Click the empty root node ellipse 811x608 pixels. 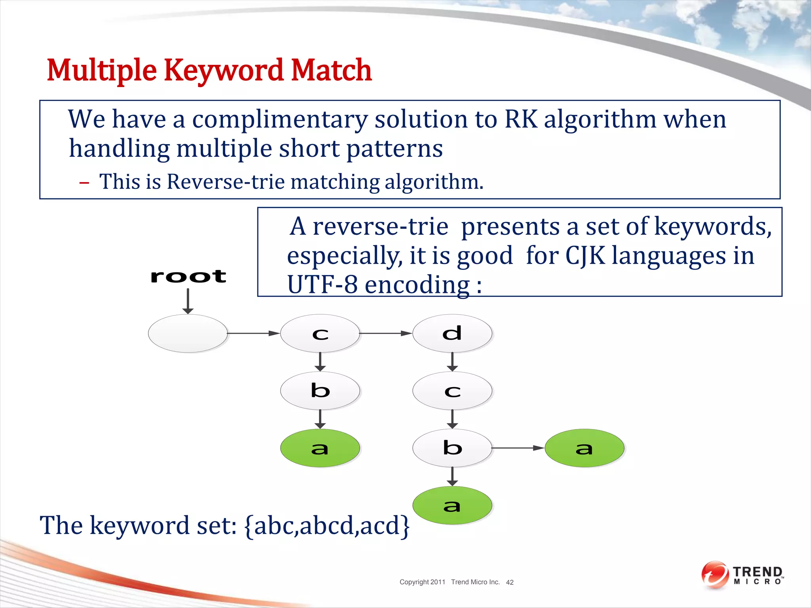188,333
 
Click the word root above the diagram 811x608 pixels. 188,276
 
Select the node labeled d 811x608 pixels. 452,333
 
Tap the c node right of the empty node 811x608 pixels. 320,333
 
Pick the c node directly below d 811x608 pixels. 452,391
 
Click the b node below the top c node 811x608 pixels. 320,391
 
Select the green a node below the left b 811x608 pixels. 320,448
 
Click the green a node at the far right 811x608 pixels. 584,448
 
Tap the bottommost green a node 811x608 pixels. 452,505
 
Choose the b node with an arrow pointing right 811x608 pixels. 452,448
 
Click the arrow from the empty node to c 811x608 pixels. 253,333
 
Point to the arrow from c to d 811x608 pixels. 386,333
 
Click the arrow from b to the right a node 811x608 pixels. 518,448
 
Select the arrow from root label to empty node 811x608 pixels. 188,301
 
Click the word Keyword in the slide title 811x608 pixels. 224,70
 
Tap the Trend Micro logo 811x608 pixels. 742,575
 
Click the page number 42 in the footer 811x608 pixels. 510,582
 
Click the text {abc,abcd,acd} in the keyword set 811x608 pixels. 327,525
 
